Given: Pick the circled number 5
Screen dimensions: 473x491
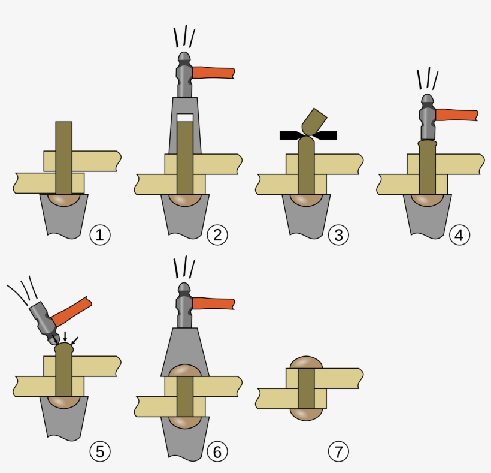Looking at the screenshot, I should (100, 451).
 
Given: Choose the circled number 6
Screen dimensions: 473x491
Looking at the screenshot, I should (217, 451).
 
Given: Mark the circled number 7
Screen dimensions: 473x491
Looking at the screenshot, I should (338, 451).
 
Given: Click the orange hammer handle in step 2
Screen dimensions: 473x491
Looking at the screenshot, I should (214, 73).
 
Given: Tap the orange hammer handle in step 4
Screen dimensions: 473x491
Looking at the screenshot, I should (456, 115).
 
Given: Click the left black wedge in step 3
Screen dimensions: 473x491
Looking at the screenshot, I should (292, 135).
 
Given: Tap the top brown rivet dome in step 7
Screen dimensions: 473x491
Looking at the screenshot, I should (306, 363).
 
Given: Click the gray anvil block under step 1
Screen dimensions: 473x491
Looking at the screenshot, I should (63, 219).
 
